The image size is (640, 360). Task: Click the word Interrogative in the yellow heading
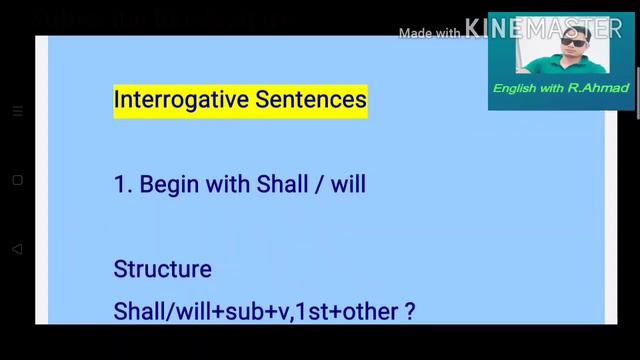click(177, 101)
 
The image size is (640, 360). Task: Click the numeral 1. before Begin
click(122, 185)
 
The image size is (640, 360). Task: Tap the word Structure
click(163, 270)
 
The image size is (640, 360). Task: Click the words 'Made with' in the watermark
click(429, 33)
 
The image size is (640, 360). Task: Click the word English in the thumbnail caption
click(516, 89)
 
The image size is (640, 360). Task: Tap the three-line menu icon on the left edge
click(18, 112)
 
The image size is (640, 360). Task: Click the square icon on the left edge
click(18, 180)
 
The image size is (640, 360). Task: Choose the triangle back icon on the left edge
click(18, 248)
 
